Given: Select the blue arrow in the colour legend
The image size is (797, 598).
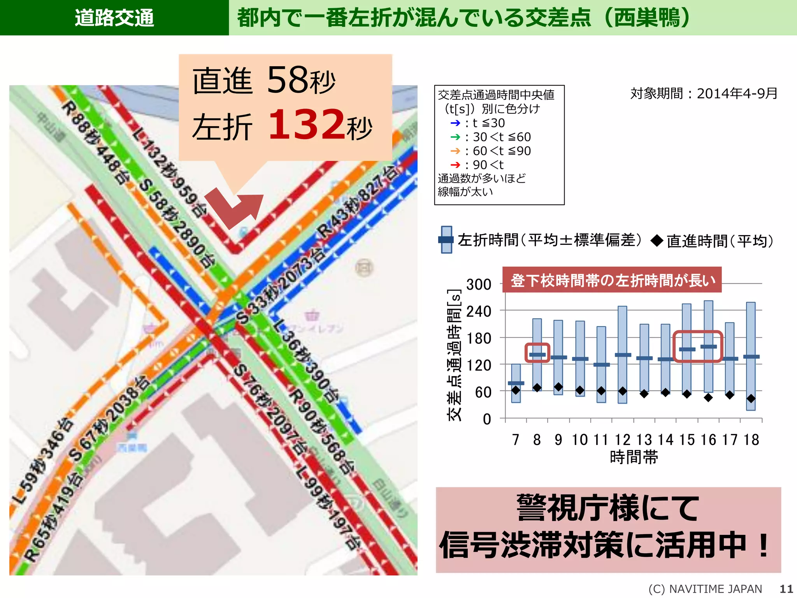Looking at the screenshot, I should (x=455, y=123).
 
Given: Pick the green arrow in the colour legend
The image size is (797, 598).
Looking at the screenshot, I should (x=455, y=137).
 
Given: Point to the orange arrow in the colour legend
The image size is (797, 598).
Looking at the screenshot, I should (x=455, y=151).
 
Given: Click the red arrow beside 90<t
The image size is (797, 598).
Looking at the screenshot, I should (x=455, y=165).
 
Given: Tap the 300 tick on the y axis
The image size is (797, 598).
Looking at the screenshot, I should (x=479, y=285).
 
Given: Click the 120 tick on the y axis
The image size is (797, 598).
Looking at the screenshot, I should (x=479, y=365).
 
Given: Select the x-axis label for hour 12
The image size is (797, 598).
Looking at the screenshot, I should (x=622, y=440).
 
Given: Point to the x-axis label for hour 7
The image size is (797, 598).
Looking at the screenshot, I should (x=516, y=440).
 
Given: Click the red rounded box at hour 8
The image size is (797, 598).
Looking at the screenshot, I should (x=537, y=353).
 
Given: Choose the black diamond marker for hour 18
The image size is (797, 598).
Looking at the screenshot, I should (x=751, y=399).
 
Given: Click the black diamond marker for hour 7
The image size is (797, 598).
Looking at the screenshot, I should (x=516, y=390).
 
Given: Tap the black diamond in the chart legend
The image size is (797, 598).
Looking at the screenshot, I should (x=657, y=241).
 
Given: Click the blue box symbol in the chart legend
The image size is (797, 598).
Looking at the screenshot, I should (x=446, y=240).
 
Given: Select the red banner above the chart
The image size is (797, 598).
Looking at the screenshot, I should (x=612, y=280).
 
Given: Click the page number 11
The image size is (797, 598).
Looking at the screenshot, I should (x=786, y=589).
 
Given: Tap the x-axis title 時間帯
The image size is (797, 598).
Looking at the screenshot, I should (x=634, y=457).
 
